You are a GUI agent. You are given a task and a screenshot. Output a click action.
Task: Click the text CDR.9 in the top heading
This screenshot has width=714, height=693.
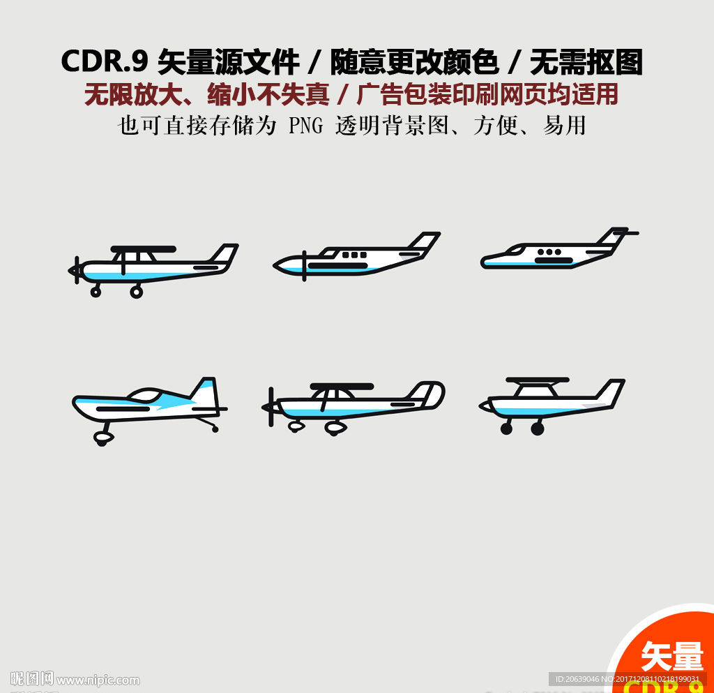104,62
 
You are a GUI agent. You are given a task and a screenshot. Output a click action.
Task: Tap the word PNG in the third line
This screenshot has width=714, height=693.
305,126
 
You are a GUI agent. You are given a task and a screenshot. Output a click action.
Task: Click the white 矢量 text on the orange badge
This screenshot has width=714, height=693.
671,656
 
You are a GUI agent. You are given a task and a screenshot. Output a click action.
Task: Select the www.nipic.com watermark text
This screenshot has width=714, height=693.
98,680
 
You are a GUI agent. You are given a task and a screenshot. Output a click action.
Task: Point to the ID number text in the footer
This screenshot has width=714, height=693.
628,679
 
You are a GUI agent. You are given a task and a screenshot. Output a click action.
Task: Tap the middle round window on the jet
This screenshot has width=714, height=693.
549,252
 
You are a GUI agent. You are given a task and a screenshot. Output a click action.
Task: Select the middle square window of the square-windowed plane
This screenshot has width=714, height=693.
354,255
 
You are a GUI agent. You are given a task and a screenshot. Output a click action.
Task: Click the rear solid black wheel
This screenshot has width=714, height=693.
537,429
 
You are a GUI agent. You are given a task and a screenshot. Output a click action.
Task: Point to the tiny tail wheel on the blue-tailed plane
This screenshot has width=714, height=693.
215,429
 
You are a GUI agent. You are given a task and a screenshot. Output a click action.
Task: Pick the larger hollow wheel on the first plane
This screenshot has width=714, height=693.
137,292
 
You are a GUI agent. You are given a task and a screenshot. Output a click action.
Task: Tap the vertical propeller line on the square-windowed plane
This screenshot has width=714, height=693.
304,266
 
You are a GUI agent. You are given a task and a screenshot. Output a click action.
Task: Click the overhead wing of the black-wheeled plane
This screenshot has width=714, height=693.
536,380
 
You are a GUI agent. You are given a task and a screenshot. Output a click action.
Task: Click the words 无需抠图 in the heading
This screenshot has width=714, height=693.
586,62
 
